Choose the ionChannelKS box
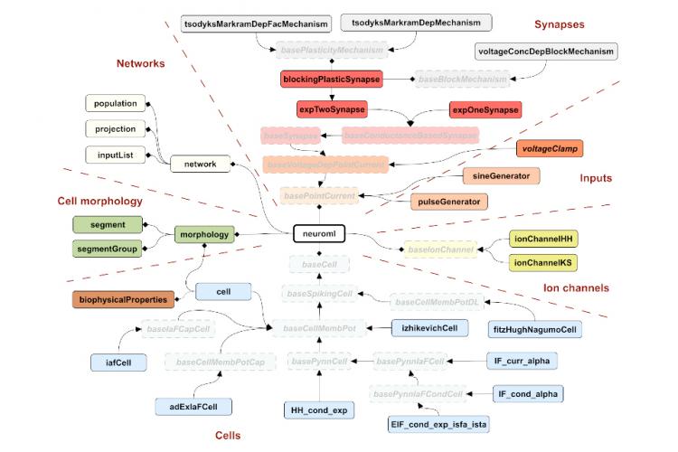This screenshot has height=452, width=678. click(544, 263)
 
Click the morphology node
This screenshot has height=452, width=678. click(204, 234)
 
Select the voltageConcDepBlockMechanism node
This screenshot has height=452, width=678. click(545, 52)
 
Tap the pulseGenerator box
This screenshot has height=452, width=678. click(447, 200)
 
